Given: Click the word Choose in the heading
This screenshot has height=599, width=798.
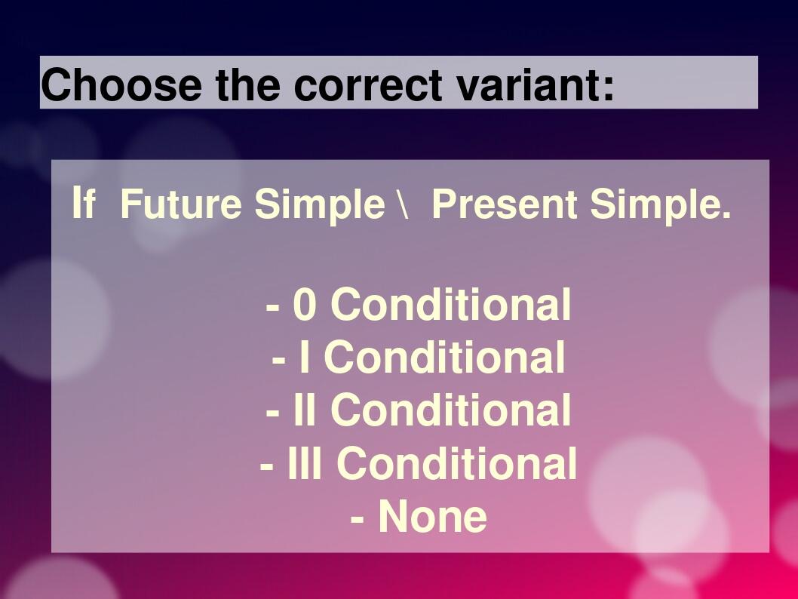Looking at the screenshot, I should coord(121,84).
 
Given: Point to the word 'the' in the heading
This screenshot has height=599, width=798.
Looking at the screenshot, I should coord(247,84).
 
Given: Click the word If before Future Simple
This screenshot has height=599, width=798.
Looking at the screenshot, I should coord(83,204).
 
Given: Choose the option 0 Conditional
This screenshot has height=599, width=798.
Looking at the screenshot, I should coord(419,305).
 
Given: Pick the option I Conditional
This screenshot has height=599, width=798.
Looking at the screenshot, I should coord(419,358).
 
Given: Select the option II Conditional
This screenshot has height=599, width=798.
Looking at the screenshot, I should coord(419,410).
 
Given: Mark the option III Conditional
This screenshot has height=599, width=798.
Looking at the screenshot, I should coord(419,463).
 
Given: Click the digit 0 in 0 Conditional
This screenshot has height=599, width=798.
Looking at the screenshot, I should coord(305,306).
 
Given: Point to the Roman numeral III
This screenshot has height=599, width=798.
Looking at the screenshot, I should coord(304,463).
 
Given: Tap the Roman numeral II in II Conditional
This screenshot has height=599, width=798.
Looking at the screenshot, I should coord(305,410).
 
